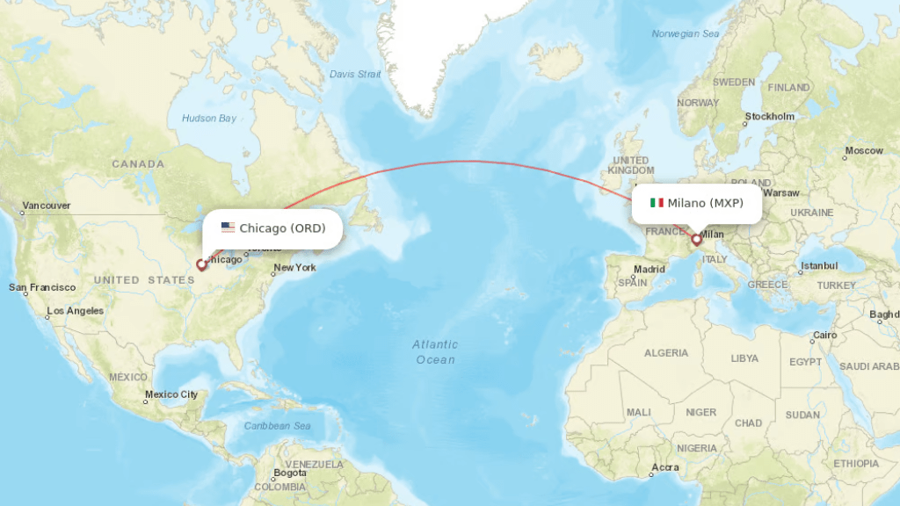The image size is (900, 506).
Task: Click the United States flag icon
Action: tap(228, 228)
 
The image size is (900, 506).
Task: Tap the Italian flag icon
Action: tap(657, 203)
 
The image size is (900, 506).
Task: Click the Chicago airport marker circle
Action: tap(201, 264)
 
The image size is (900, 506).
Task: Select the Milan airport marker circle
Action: tap(696, 239)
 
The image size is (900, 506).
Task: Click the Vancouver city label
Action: tap(47, 206)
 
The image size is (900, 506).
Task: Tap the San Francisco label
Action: tap(42, 287)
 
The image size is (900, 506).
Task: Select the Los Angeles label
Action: tap(75, 311)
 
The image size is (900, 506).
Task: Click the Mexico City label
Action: tap(171, 394)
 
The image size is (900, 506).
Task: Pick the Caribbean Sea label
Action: tap(278, 426)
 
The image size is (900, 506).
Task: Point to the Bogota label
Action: tap(289, 473)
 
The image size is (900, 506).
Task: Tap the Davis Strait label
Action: tap(355, 75)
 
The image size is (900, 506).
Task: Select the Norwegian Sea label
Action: tap(686, 34)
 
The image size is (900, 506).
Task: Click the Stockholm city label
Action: tap(769, 116)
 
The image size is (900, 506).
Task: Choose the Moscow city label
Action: tap(863, 150)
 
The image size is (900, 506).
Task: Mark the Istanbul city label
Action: tap(819, 265)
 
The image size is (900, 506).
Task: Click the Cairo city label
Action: tap(824, 335)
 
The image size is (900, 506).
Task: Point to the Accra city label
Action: tap(664, 467)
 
